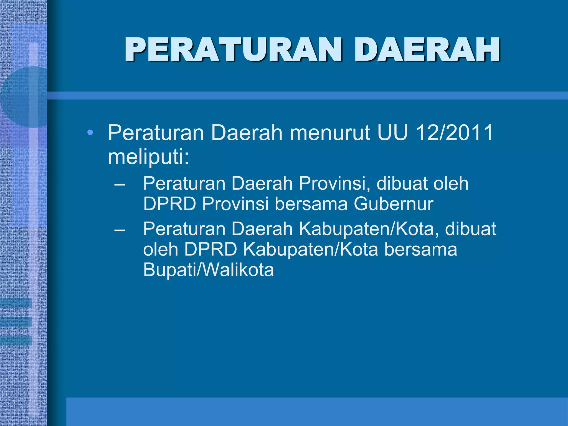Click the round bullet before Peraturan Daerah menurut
point(90,133)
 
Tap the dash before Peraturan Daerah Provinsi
point(120,184)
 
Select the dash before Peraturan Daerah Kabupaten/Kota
point(120,230)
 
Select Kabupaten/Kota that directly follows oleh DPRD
point(311,249)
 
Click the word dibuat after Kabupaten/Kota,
point(470,229)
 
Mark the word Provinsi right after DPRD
point(235,204)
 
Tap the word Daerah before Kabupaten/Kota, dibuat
point(262,229)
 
